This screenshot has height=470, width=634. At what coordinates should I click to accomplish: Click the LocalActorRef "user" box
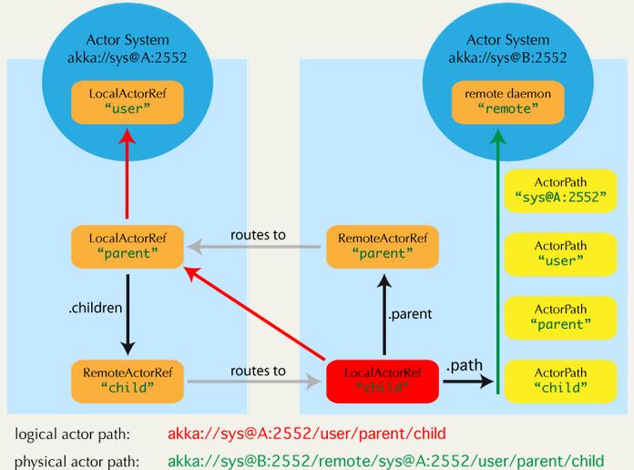(128, 102)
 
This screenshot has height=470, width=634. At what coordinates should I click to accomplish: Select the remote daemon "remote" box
(508, 102)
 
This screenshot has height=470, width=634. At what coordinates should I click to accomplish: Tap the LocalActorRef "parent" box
(128, 247)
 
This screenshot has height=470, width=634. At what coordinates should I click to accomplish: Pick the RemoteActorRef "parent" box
(383, 247)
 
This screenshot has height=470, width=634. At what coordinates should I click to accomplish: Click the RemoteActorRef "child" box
(128, 382)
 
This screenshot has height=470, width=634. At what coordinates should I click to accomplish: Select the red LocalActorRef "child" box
(383, 382)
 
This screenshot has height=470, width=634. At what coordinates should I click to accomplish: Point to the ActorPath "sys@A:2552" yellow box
(561, 191)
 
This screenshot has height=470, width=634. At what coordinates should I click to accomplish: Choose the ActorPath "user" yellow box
(561, 254)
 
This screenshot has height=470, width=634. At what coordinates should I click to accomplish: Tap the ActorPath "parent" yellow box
(561, 318)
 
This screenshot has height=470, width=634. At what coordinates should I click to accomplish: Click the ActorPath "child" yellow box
(561, 382)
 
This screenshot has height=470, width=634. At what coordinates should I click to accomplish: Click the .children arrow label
(96, 308)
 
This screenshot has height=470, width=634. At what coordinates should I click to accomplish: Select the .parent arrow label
(410, 314)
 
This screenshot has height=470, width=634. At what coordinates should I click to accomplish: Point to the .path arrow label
(465, 365)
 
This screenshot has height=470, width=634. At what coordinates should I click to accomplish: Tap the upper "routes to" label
(258, 235)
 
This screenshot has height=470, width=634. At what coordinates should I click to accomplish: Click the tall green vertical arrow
(497, 261)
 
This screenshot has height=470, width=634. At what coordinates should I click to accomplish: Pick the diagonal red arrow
(255, 313)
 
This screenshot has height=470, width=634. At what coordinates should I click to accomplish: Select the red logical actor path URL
(306, 434)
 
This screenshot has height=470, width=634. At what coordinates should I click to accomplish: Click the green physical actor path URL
(385, 461)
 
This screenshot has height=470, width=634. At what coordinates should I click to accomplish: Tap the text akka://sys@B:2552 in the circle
(508, 58)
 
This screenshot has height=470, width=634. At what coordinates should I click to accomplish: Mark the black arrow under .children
(128, 314)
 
